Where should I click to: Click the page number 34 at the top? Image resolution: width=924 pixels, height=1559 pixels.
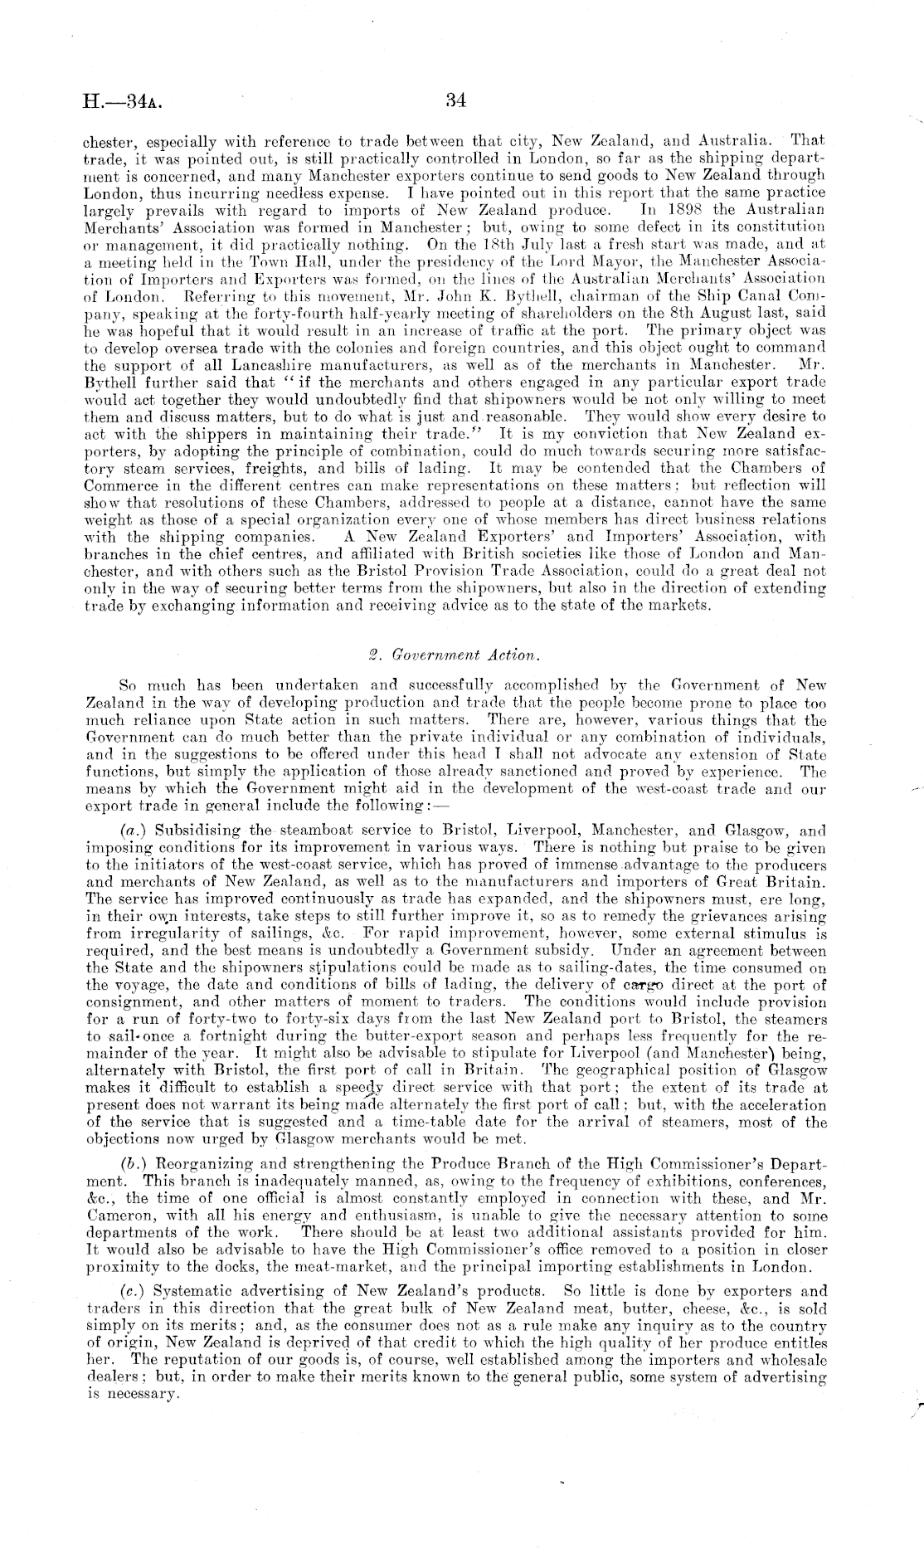pos(456,101)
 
